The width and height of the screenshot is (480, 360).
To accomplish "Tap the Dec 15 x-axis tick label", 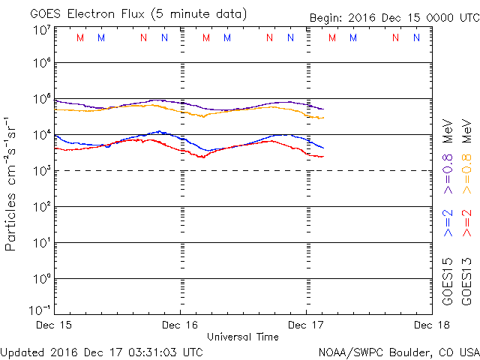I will coord(54,325).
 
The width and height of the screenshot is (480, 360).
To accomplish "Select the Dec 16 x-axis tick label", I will coord(180,325).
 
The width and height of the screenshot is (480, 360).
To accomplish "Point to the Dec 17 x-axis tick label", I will coord(307,325).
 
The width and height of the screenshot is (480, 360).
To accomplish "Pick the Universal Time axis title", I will coord(243,337).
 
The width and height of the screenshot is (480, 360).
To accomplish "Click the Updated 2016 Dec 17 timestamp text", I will coord(102,352).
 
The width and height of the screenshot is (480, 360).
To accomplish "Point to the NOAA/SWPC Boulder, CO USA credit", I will coord(398,352).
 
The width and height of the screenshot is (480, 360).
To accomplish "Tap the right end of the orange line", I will coord(323,117).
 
